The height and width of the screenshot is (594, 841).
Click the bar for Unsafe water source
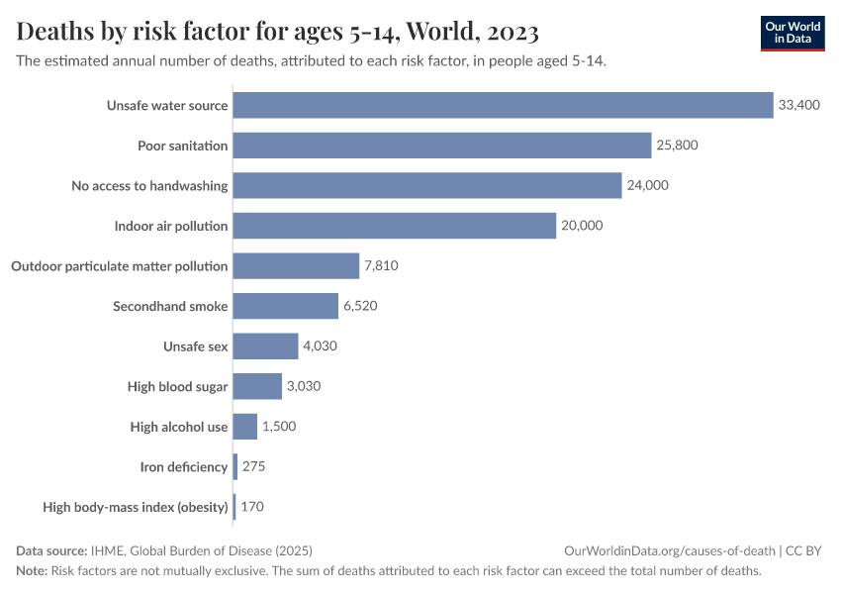point(503,105)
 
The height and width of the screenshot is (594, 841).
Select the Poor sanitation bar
point(442,146)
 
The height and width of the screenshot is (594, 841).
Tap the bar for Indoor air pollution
point(395,226)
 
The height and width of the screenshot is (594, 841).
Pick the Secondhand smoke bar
point(286,306)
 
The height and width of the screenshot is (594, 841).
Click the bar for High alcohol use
point(245,427)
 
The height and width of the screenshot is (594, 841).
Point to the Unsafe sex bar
point(265,346)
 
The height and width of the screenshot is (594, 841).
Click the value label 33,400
point(799,105)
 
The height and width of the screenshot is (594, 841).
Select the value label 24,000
point(648,185)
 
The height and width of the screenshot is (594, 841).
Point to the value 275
point(253,466)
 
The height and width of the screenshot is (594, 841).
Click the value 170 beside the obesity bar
point(252,507)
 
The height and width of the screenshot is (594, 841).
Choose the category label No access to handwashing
point(149,185)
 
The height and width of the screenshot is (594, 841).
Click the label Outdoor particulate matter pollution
point(119,266)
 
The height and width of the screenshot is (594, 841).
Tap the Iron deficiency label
point(184,466)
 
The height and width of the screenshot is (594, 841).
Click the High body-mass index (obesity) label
point(136,507)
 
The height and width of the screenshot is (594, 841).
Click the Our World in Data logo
point(792,33)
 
